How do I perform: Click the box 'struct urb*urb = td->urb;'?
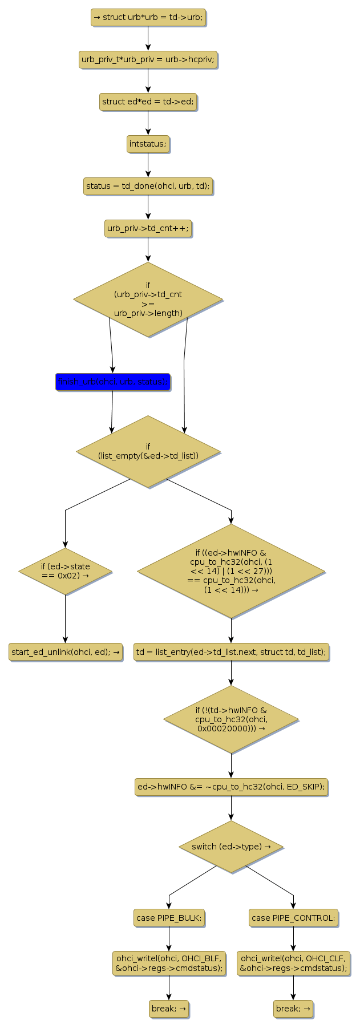[x=148, y=17]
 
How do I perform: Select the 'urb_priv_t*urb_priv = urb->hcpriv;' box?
[x=148, y=59]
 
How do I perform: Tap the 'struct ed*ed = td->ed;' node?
[x=148, y=102]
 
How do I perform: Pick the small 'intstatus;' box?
[x=148, y=144]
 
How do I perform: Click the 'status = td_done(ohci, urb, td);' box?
[x=148, y=186]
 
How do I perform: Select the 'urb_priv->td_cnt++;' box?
[x=148, y=228]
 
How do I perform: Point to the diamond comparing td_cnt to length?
[x=148, y=299]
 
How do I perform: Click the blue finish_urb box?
[x=112, y=382]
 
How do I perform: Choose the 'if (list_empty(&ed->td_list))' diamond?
[x=148, y=451]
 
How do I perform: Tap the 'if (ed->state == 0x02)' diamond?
[x=65, y=571]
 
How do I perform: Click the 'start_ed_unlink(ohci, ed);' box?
[x=66, y=651]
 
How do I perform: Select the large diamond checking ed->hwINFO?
[x=231, y=571]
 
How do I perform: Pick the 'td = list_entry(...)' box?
[x=231, y=651]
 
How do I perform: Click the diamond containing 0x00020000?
[x=231, y=719]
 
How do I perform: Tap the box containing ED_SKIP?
[x=231, y=787]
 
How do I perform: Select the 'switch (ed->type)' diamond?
[x=231, y=847]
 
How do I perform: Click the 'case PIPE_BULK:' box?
[x=169, y=918]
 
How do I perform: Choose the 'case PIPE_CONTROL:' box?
[x=293, y=918]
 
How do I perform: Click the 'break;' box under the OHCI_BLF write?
[x=169, y=1009]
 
